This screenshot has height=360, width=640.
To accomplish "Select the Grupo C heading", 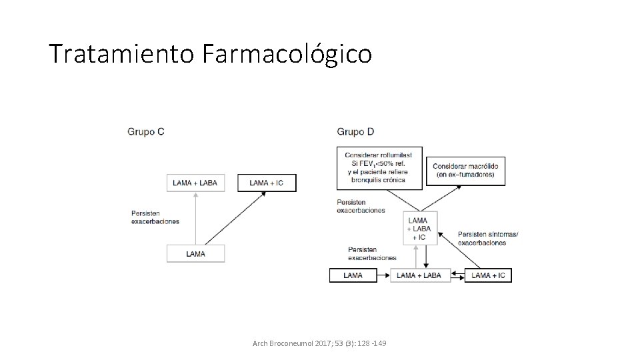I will (x=146, y=131).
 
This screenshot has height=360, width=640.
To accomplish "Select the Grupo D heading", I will (x=356, y=131).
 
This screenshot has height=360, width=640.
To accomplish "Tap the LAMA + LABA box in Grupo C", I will (x=195, y=183).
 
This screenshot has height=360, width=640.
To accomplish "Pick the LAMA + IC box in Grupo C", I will (x=267, y=183).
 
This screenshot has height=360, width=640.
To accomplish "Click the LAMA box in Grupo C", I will (x=195, y=253).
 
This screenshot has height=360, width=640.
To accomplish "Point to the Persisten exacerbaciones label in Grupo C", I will (x=155, y=217).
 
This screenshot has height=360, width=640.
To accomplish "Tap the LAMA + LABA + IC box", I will (x=418, y=229).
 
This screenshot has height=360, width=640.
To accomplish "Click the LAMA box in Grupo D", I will (x=353, y=275).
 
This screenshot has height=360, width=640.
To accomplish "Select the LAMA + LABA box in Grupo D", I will (x=419, y=275).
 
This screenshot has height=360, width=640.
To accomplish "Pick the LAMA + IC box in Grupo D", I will (x=488, y=275).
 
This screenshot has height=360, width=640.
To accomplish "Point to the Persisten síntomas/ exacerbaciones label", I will (x=488, y=238).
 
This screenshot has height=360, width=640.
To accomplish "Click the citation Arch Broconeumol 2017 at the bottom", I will (x=319, y=343).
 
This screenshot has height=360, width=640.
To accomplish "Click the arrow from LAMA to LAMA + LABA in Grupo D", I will (x=383, y=275).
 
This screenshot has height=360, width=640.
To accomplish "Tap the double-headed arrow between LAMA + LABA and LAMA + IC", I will (x=457, y=275).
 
